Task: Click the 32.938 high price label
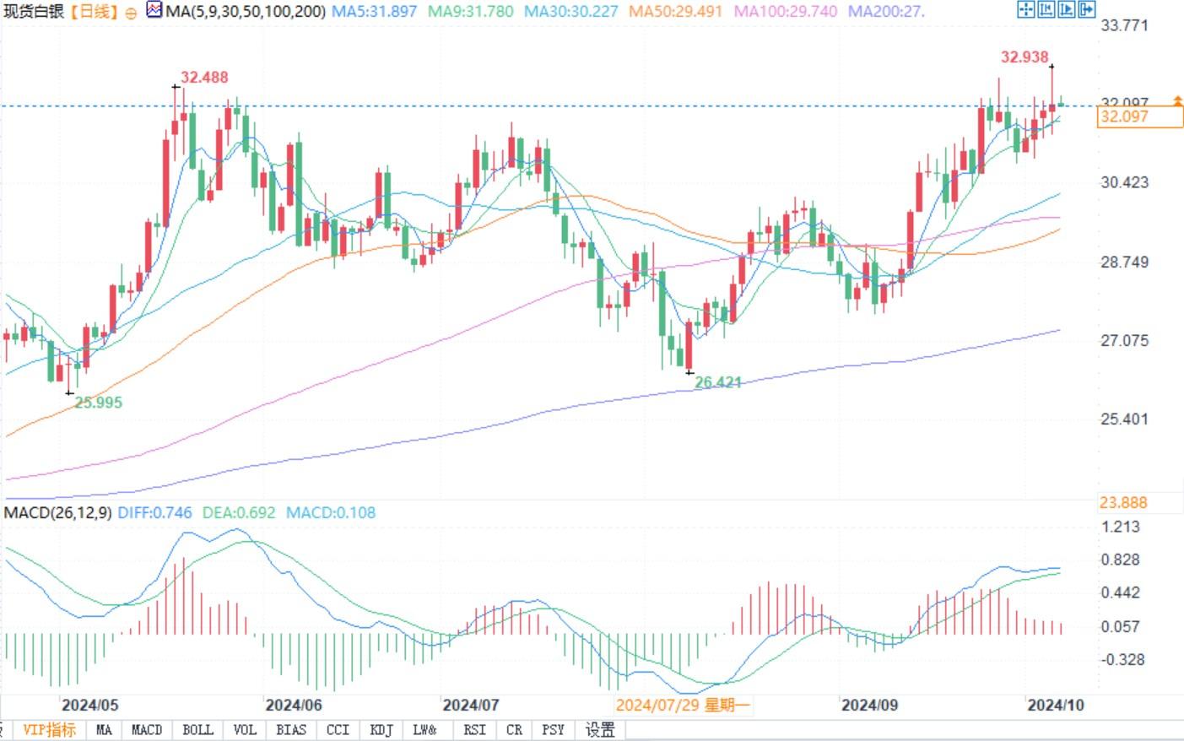1024,57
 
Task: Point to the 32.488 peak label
204,78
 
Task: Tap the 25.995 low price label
98,403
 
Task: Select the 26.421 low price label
717,382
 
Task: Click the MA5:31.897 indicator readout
374,12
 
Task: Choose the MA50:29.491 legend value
675,12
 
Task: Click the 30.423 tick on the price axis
1124,182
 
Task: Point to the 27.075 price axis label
1124,341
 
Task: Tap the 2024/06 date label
293,705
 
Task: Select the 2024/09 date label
869,705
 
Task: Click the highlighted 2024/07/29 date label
682,705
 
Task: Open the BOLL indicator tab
197,730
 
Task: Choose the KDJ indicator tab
381,730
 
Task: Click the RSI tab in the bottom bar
474,730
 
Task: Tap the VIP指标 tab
49,730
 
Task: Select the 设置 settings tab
600,730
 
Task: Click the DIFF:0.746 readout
154,512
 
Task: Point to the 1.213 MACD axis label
1120,527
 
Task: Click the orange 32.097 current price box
1139,117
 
